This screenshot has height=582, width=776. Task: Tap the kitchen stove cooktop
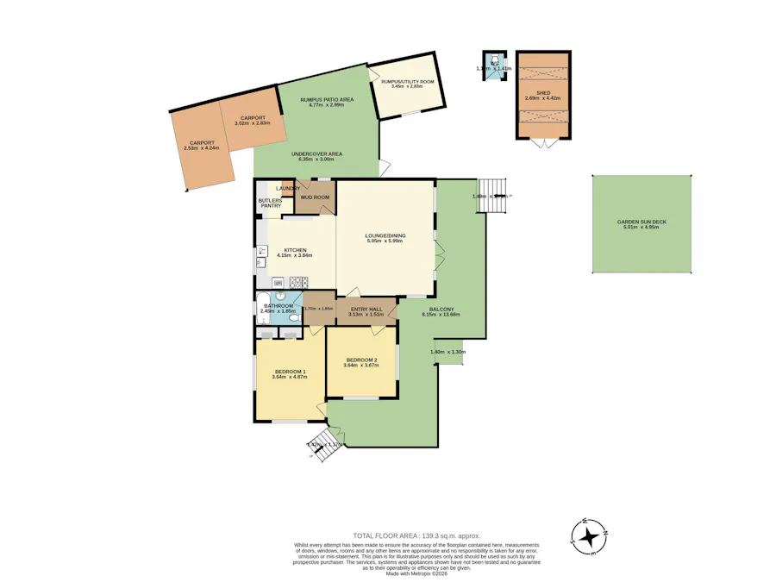click(297, 281)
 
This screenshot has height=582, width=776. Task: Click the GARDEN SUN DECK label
click(641, 222)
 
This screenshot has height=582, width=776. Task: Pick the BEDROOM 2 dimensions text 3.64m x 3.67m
click(362, 366)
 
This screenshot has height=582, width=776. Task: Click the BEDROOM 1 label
click(289, 371)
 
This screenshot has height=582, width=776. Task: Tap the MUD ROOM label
click(315, 197)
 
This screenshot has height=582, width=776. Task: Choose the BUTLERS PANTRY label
click(270, 203)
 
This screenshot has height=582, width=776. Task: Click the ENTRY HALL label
click(366, 309)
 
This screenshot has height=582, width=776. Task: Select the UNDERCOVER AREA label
click(316, 153)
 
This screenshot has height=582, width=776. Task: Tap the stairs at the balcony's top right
click(491, 189)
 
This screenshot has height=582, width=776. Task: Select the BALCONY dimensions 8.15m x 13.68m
click(441, 315)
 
